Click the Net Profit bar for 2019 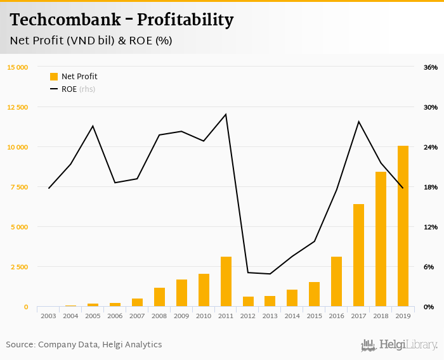coord(403,226)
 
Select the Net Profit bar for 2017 coord(358,255)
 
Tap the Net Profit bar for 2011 coord(226,281)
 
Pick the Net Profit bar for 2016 coord(336,281)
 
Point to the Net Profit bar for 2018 coord(381,239)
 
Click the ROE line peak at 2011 coord(226,114)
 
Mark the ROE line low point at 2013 coord(270,274)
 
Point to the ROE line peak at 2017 coord(358,121)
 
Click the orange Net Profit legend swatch coord(54,77)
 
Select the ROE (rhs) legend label coord(78,89)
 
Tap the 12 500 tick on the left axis coord(17,107)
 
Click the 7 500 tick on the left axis coord(18,187)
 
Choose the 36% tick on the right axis coord(431,67)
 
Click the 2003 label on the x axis coord(48,315)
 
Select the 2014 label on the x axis coord(292,315)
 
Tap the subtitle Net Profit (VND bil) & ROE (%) coord(91,41)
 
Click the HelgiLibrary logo coord(400,345)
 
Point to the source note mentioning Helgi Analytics coord(84,345)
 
